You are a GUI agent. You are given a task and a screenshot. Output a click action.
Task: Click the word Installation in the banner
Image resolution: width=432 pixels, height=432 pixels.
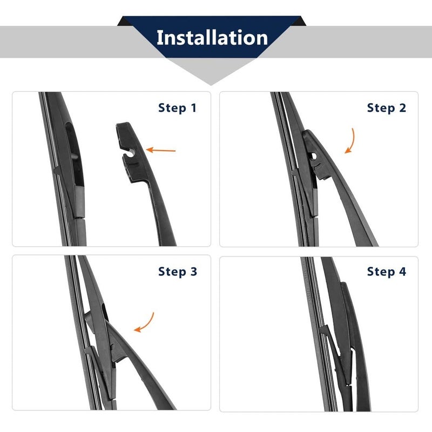coord(212,38)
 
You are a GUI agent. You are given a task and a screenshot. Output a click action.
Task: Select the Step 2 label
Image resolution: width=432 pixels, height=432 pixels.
coord(386,108)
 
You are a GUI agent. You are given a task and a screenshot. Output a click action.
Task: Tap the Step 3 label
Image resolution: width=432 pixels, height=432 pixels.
coord(178,271)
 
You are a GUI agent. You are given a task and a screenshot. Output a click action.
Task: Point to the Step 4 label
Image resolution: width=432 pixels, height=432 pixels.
coord(386,271)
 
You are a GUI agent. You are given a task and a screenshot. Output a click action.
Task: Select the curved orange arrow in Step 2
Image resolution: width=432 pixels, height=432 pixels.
coord(351,141)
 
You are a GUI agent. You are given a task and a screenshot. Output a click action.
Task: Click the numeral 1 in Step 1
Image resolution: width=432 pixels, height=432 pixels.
coord(193,108)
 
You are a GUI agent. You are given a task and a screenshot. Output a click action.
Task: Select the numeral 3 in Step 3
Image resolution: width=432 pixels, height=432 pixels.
coord(193,271)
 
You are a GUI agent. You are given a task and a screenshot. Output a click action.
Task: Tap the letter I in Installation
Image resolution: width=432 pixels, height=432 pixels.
coord(160,38)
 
